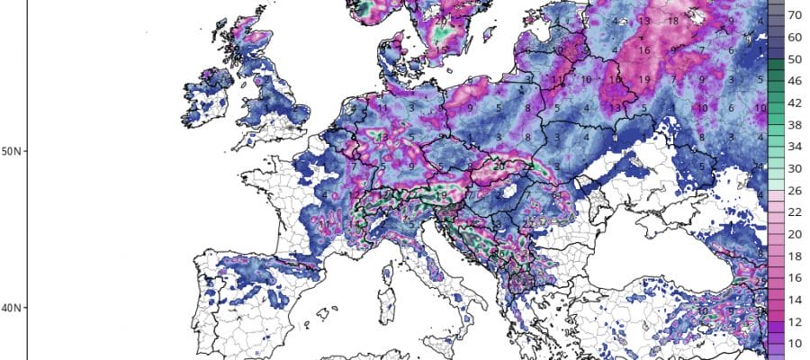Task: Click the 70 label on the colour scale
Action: pyautogui.click(x=796, y=15)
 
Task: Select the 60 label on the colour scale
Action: pyautogui.click(x=796, y=38)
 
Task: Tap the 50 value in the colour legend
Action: pyautogui.click(x=796, y=59)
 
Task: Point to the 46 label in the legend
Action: pyautogui.click(x=796, y=81)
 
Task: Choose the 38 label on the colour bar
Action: pyautogui.click(x=796, y=125)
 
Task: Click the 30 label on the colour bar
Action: pyautogui.click(x=796, y=168)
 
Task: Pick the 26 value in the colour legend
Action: pyautogui.click(x=796, y=190)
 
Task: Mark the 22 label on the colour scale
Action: pyautogui.click(x=796, y=212)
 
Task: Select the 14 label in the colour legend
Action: pyautogui.click(x=796, y=300)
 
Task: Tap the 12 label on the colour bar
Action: pyautogui.click(x=796, y=321)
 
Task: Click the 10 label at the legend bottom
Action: pyautogui.click(x=796, y=343)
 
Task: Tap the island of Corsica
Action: pyautogui.click(x=391, y=270)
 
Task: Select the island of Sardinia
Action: pyautogui.click(x=390, y=301)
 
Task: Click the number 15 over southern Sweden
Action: pyautogui.click(x=441, y=50)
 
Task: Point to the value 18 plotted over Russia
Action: pyautogui.click(x=672, y=20)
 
